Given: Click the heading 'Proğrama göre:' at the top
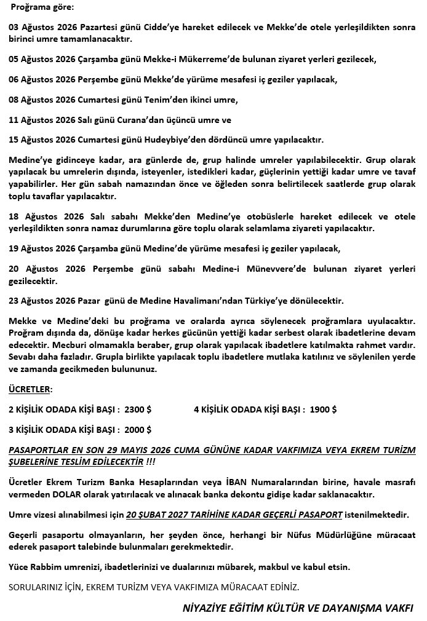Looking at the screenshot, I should click(41, 8).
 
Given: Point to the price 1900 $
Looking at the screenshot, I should click(323, 409).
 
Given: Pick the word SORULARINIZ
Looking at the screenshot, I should click(36, 587).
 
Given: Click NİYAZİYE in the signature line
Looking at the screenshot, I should click(207, 607).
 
